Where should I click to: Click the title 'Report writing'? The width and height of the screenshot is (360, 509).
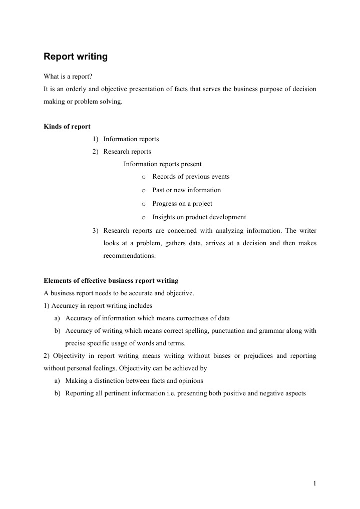pos(76,57)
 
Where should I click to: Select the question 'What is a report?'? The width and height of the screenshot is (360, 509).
pos(68,77)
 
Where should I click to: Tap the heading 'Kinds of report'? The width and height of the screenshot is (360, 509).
pos(67,127)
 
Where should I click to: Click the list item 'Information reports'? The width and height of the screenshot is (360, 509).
pos(131,139)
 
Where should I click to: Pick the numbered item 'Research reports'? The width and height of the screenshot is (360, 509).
pos(127,152)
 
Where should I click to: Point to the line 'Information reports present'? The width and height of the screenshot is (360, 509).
pos(163,164)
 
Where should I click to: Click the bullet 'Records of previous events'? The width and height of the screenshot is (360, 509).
pos(191,177)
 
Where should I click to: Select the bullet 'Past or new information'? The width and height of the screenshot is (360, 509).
pos(186,190)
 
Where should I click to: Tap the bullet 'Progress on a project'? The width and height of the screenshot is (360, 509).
pos(182,204)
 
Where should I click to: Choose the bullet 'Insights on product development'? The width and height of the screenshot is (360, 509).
pos(199,217)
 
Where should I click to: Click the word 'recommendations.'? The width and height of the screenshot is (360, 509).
pos(130,256)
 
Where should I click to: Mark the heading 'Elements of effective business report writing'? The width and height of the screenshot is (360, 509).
pos(111,281)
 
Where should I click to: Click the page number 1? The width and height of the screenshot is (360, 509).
pos(314,483)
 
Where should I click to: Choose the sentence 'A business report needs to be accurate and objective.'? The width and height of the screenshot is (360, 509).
pos(119,293)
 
